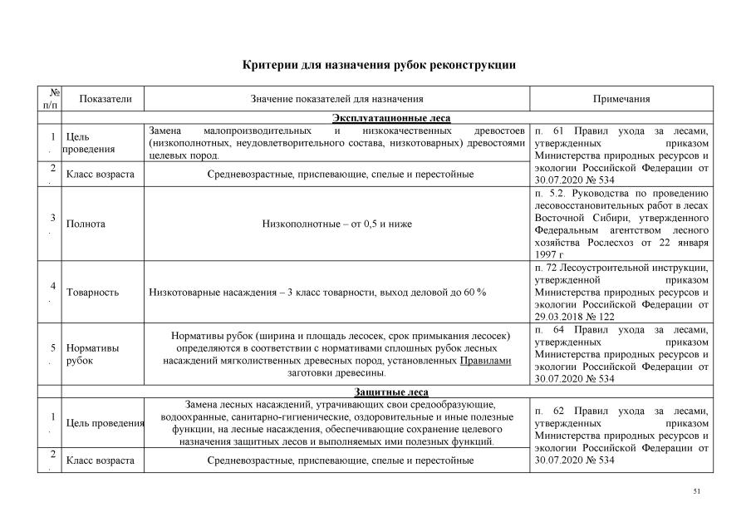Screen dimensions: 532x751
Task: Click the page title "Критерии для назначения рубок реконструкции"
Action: (x=379, y=64)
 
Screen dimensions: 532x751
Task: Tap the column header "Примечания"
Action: (x=621, y=99)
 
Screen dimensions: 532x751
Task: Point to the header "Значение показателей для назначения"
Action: (x=337, y=99)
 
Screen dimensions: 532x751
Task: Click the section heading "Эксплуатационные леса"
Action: (x=391, y=118)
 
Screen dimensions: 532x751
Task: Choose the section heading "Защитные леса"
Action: (x=391, y=392)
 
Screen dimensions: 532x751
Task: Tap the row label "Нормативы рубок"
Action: (x=91, y=354)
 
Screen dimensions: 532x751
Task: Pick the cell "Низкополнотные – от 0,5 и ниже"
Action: (x=337, y=224)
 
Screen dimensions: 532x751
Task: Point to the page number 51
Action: (x=697, y=492)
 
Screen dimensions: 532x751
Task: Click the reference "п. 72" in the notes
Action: (x=546, y=268)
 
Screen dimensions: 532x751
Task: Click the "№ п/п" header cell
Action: (x=51, y=99)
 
